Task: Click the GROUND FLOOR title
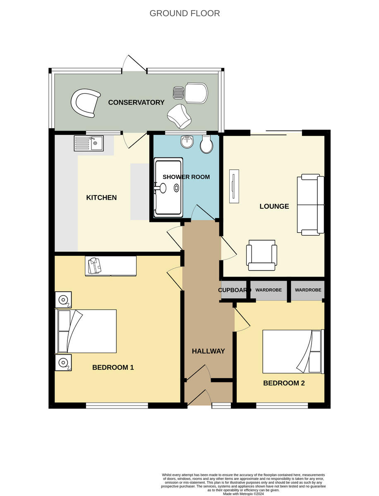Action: click(185, 13)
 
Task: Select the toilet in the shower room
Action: click(206, 144)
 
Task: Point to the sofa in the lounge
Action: click(310, 205)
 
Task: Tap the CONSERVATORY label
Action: click(136, 103)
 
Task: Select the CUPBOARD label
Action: click(234, 290)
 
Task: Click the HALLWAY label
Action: click(208, 351)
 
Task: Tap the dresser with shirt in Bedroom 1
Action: click(110, 266)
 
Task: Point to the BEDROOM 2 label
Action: click(284, 383)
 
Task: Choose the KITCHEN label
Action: click(101, 198)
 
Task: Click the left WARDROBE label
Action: click(268, 290)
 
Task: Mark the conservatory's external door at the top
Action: click(134, 65)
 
